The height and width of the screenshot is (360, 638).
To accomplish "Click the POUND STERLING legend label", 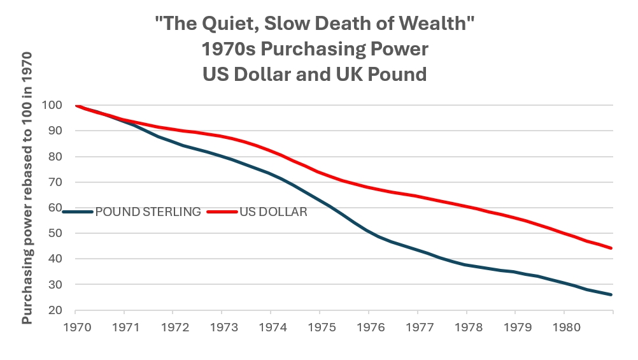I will tap(148, 212).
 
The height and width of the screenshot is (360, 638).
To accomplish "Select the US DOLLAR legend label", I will tap(273, 212).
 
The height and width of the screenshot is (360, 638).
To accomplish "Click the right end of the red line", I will tap(612, 248).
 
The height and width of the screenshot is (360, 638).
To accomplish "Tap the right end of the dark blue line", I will tap(612, 295).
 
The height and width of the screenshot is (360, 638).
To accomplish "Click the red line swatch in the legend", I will tap(222, 212).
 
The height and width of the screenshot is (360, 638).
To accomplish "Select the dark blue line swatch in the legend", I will tap(78, 212).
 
